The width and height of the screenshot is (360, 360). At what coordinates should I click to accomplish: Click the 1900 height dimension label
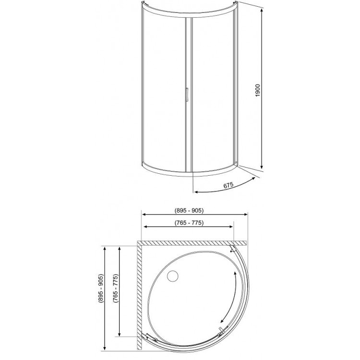click(258, 90)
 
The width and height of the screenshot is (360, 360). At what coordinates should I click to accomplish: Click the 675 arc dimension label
click(228, 185)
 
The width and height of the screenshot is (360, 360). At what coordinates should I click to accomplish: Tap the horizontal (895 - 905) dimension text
click(189, 210)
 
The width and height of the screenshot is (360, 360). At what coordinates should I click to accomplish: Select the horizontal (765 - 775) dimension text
click(189, 223)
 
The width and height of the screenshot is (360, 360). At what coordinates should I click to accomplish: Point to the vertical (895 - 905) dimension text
click(101, 289)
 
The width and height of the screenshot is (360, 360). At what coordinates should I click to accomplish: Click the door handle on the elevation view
click(187, 95)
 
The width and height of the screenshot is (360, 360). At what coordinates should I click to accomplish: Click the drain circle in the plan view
click(173, 276)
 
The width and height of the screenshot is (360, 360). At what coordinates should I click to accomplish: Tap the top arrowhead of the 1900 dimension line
click(262, 11)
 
